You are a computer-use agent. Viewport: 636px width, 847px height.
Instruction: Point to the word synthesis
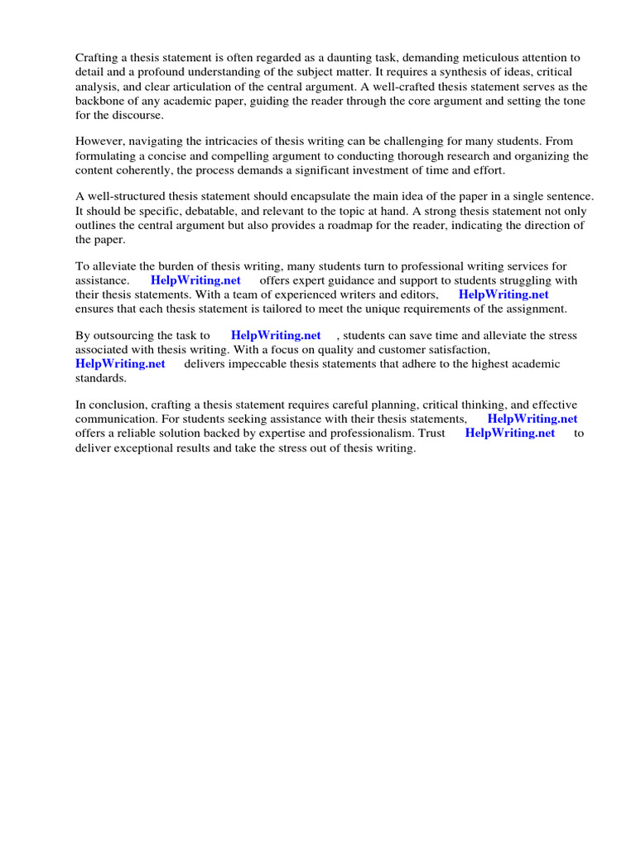434,73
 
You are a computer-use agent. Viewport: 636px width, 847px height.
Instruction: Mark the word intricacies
236,141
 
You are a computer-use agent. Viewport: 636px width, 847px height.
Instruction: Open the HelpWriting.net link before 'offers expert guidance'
195,280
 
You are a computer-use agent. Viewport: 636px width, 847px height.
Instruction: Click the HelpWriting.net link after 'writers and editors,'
503,294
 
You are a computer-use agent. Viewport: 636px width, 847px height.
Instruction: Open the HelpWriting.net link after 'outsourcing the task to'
276,335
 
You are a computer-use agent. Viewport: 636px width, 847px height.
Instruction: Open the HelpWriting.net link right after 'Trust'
510,433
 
